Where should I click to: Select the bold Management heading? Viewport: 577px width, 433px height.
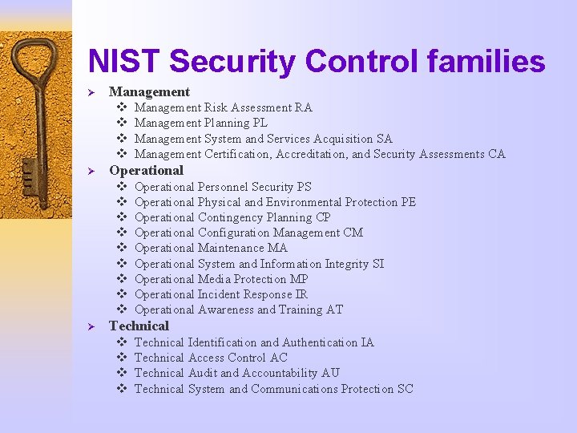point(149,91)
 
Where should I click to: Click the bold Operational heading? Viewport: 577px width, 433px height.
point(146,170)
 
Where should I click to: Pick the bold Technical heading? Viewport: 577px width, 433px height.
point(139,326)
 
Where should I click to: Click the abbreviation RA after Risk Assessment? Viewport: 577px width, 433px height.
point(304,107)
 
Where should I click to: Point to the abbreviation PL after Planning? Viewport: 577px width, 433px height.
point(259,123)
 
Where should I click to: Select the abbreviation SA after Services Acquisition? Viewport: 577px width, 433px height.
point(384,139)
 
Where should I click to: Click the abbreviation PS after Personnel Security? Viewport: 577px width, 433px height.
point(304,187)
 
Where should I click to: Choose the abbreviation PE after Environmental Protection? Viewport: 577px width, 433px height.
point(408,202)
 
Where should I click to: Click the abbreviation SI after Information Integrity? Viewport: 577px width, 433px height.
point(378,264)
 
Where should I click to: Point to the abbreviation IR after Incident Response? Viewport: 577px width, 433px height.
point(301,294)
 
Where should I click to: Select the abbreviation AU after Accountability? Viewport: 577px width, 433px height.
point(330,373)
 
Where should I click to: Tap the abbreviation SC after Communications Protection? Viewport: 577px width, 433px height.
point(406,389)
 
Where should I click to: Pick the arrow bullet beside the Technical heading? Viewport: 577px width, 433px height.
point(91,326)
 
